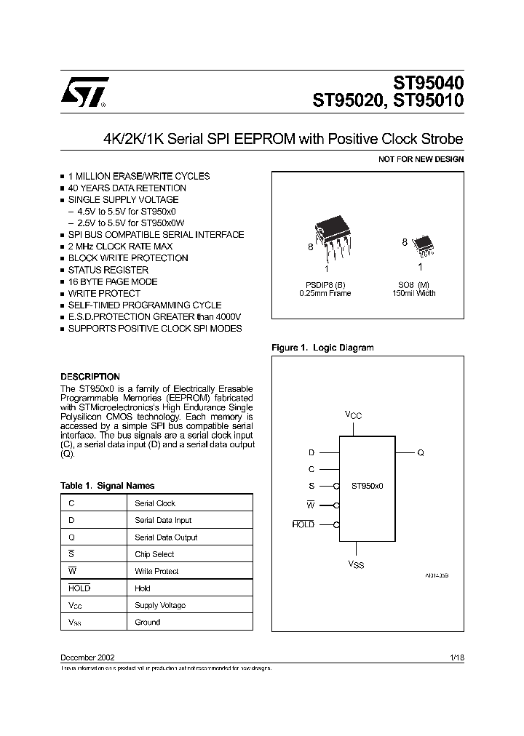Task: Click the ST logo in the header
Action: click(84, 92)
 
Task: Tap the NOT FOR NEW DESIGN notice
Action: click(421, 159)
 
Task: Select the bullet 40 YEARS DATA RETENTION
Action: click(127, 188)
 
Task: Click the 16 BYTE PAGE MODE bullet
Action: click(112, 281)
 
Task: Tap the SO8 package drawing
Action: click(422, 246)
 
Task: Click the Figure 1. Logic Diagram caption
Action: click(322, 348)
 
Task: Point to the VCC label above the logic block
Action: click(353, 415)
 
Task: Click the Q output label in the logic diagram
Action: click(421, 452)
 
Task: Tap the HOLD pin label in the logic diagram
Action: click(303, 524)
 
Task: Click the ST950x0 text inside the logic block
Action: click(367, 485)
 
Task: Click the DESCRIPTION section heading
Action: click(90, 377)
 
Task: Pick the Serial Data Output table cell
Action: click(166, 537)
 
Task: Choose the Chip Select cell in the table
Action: click(154, 554)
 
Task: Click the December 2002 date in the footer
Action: click(87, 657)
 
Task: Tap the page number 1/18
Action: click(457, 657)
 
